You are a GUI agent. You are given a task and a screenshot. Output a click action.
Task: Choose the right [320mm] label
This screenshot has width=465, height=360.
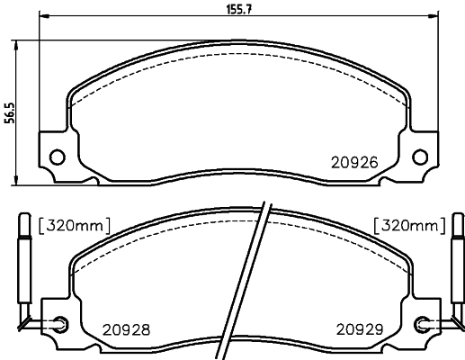(x=409, y=224)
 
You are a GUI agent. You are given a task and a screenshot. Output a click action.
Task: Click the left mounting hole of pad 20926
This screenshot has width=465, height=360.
(x=56, y=157)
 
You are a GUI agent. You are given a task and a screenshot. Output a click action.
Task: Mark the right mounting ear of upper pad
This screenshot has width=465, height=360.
(x=422, y=155)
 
